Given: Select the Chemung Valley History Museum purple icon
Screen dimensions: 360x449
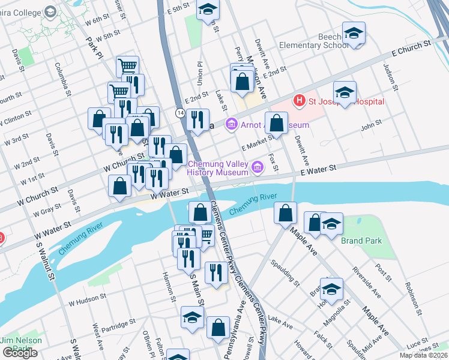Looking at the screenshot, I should (258, 166).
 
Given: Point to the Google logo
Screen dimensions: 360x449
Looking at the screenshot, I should (20, 353).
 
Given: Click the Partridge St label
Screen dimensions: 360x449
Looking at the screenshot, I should (119, 325).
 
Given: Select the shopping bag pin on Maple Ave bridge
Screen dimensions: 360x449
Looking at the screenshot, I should (285, 213).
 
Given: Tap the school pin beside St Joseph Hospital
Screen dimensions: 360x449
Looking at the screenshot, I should (345, 92).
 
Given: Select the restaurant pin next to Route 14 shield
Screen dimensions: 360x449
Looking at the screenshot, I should (197, 119).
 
